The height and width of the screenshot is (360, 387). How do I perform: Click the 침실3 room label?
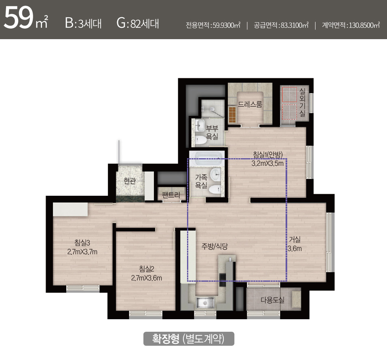82,243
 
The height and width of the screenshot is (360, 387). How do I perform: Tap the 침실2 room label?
147,269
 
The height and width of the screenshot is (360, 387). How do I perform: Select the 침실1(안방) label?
268,155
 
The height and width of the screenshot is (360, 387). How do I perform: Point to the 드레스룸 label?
250,104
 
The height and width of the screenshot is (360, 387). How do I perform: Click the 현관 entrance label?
130,181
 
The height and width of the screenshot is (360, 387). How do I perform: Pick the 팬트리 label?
171,195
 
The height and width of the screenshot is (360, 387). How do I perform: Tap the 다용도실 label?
273,300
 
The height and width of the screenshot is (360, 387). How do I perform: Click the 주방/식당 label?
215,246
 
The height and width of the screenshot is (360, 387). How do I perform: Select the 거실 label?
294,239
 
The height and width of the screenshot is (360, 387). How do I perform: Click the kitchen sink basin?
205,302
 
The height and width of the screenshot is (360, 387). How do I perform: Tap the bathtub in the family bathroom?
208,156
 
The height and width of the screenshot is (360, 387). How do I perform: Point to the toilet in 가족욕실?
215,189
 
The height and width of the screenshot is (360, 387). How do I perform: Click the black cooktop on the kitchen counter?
223,280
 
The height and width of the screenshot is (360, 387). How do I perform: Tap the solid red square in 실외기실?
290,94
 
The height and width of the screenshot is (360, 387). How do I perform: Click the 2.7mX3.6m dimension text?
147,278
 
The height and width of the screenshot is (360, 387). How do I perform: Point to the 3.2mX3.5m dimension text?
267,163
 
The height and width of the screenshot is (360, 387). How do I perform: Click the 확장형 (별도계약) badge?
189,339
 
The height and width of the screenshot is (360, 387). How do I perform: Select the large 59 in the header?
18,18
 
